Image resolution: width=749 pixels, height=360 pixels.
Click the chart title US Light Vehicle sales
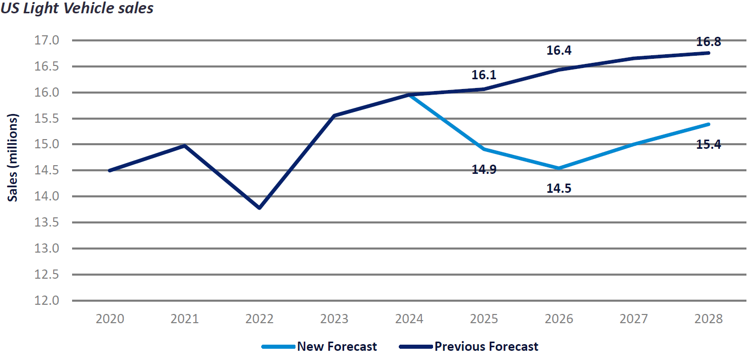(x=77, y=9)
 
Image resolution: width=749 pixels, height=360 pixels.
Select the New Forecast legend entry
(x=320, y=347)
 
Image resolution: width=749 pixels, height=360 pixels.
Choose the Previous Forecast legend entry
(x=468, y=347)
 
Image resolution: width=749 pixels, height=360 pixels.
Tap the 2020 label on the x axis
(x=110, y=319)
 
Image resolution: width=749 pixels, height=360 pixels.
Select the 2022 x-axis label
(x=260, y=319)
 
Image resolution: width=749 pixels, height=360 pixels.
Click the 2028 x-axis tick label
(x=709, y=319)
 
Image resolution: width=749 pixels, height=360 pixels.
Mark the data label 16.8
(x=709, y=42)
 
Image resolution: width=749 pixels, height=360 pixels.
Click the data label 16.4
(x=559, y=50)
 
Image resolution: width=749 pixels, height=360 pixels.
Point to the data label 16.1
(x=484, y=75)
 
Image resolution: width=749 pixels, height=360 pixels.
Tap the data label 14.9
(x=484, y=169)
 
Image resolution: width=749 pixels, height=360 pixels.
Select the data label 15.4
(x=709, y=145)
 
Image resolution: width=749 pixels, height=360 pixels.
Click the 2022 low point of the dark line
(x=260, y=208)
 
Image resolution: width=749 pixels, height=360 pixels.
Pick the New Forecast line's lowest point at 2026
(x=559, y=168)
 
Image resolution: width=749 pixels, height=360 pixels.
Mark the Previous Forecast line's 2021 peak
(x=185, y=146)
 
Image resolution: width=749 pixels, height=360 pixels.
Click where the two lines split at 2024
(x=409, y=95)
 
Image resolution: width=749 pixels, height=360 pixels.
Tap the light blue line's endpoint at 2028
(x=709, y=124)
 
